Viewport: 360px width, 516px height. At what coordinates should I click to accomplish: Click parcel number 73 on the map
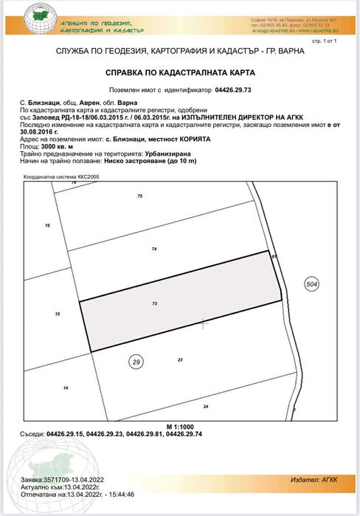(x=155, y=303)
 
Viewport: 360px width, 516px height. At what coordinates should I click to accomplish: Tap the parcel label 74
(x=154, y=250)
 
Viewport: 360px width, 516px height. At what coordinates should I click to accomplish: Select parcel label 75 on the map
(x=139, y=196)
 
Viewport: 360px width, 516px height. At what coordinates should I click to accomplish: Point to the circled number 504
(x=312, y=283)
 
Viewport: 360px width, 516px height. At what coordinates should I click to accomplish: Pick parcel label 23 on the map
(x=180, y=360)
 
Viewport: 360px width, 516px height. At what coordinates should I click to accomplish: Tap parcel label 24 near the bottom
(x=206, y=407)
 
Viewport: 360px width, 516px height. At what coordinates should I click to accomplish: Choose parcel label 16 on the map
(x=47, y=225)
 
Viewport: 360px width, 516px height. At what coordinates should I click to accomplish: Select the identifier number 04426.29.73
(x=222, y=88)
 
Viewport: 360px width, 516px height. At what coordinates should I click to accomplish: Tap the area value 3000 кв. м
(x=52, y=148)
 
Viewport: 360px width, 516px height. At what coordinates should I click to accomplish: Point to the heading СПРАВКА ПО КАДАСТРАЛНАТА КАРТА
(x=180, y=73)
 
